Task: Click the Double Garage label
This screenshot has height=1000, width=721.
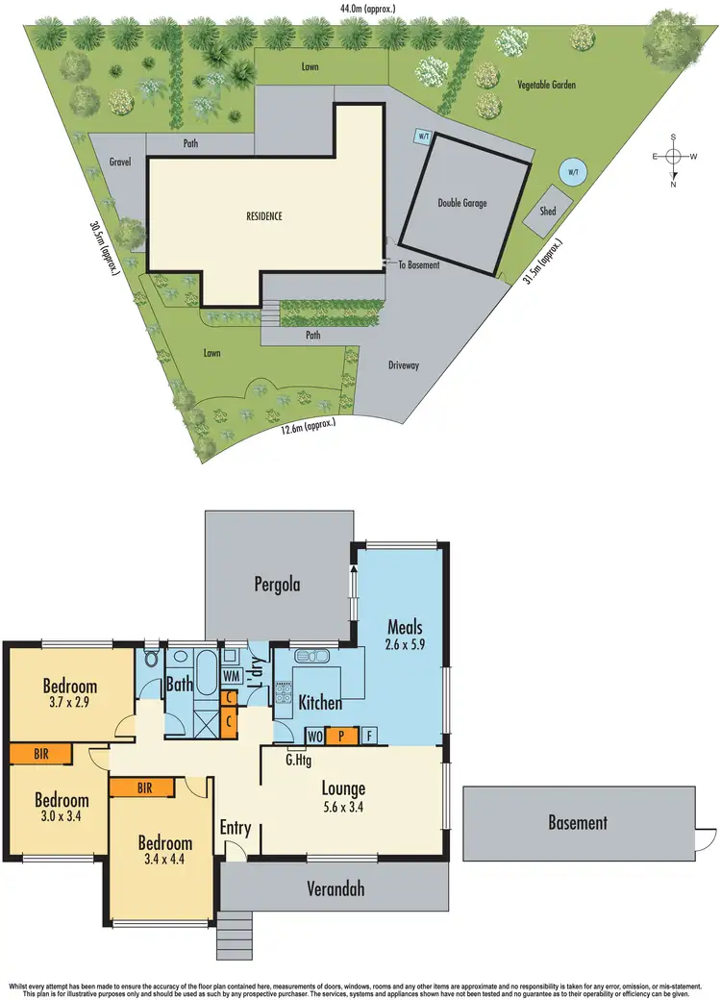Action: (462, 203)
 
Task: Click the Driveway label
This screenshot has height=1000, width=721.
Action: (404, 365)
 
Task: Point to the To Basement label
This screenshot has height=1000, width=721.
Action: (418, 264)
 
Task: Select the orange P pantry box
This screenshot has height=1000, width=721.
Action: (340, 737)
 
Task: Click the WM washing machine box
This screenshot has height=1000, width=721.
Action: (232, 676)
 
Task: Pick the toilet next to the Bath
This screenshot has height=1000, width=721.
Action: (151, 661)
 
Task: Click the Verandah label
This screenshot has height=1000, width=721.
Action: (336, 889)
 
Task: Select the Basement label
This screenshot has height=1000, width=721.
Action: (578, 823)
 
